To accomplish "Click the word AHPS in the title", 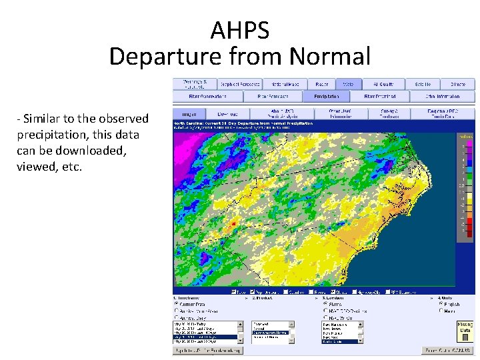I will (x=239, y=30).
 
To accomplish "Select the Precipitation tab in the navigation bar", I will (x=323, y=97).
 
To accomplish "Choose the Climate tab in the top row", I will (x=457, y=85).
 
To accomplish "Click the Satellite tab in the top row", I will (x=423, y=85).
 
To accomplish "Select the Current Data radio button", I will (x=177, y=304).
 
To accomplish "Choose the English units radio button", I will (x=441, y=304).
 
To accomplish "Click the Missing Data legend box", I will (x=465, y=327).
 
